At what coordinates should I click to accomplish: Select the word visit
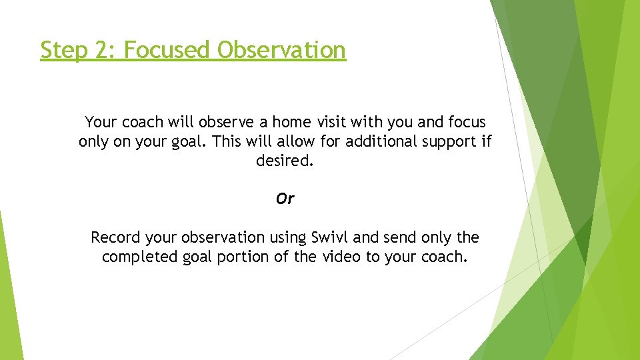pos(335,123)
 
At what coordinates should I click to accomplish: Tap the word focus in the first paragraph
pos(467,123)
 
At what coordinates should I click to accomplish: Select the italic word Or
pos(285,199)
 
